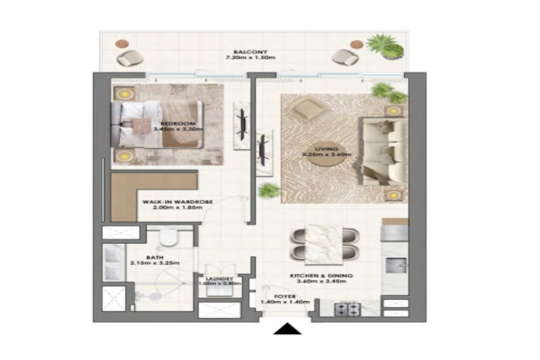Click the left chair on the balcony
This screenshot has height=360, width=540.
click(126, 57)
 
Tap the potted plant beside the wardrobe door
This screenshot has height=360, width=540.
click(269, 190)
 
